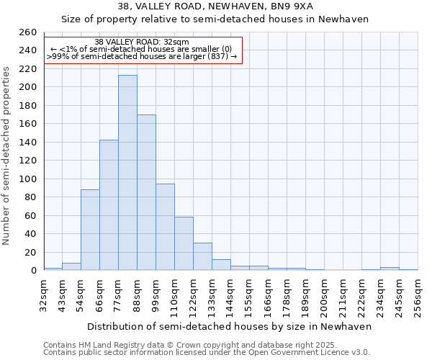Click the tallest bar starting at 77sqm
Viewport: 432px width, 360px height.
127,173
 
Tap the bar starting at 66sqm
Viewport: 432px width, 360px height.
109,205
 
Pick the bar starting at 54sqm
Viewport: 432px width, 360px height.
90,230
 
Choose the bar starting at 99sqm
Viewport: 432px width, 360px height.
165,227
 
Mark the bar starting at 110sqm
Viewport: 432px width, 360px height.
184,243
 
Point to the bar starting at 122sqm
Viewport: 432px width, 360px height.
202,256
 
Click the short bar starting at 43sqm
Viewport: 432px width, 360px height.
71,266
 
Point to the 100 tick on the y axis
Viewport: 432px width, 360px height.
29,179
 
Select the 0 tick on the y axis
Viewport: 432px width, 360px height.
34,271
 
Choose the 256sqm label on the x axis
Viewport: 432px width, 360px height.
418,295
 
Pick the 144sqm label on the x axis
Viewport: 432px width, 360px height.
230,295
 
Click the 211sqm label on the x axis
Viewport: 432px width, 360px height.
343,295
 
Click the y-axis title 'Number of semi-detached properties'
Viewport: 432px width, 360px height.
7,155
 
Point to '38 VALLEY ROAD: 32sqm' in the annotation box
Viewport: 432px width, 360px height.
142,42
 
